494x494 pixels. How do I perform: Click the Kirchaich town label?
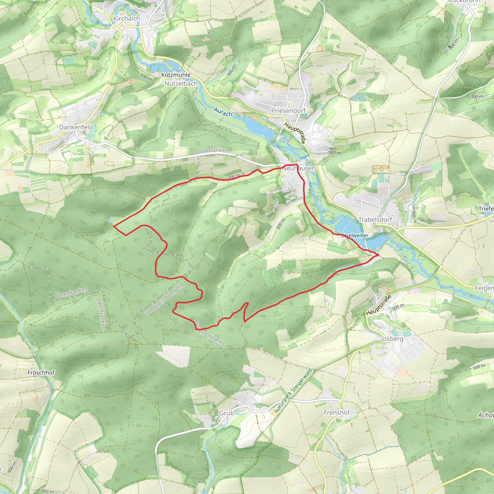(x=127, y=19)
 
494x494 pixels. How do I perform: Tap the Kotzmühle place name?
(x=176, y=75)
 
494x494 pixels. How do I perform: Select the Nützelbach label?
(x=181, y=84)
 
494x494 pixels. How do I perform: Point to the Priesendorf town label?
(x=288, y=111)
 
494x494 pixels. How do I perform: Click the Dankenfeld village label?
(x=76, y=127)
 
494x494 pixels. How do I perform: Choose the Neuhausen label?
(x=299, y=169)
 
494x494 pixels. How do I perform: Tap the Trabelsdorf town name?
(x=375, y=220)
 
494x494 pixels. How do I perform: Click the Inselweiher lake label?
(x=355, y=235)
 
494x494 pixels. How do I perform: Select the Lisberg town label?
(x=392, y=339)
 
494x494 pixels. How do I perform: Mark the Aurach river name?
(x=223, y=112)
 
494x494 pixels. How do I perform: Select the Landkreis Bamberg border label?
(x=164, y=299)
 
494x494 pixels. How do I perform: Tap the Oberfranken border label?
(x=101, y=314)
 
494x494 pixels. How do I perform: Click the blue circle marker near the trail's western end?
(x=111, y=220)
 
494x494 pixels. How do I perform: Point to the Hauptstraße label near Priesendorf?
(x=295, y=133)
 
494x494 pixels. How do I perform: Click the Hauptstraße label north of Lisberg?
(x=378, y=305)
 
